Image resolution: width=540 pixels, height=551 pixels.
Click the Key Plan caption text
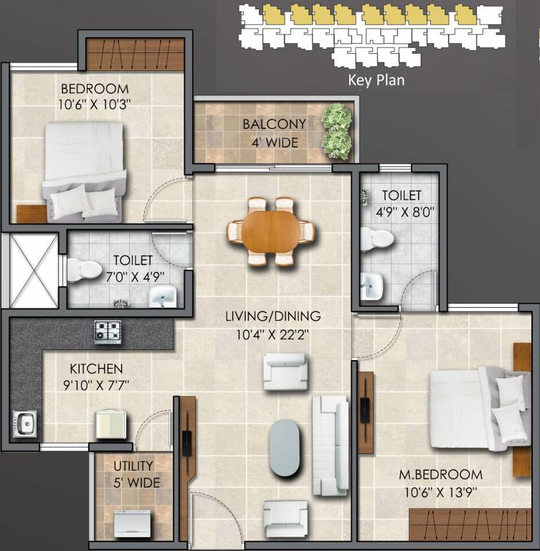[x=376, y=80]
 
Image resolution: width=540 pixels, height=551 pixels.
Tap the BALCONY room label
[x=274, y=124]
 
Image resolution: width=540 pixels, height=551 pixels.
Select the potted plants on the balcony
[x=336, y=131]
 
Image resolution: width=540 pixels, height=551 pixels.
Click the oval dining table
[x=271, y=231]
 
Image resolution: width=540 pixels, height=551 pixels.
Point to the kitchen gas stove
[x=108, y=331]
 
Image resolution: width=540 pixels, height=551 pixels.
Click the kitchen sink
[x=24, y=423]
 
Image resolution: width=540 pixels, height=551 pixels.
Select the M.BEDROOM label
[x=442, y=475]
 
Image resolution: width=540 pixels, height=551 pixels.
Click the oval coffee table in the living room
[x=285, y=447]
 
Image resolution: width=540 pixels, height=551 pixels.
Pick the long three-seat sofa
[x=329, y=444]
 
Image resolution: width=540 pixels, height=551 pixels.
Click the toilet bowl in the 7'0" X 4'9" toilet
[x=84, y=270]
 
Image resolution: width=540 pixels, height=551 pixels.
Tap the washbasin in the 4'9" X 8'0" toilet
[x=371, y=286]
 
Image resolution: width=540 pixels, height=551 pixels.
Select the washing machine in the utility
[x=132, y=522]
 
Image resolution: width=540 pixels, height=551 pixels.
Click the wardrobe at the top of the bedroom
[x=136, y=54]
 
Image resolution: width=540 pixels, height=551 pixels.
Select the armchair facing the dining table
[x=285, y=371]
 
